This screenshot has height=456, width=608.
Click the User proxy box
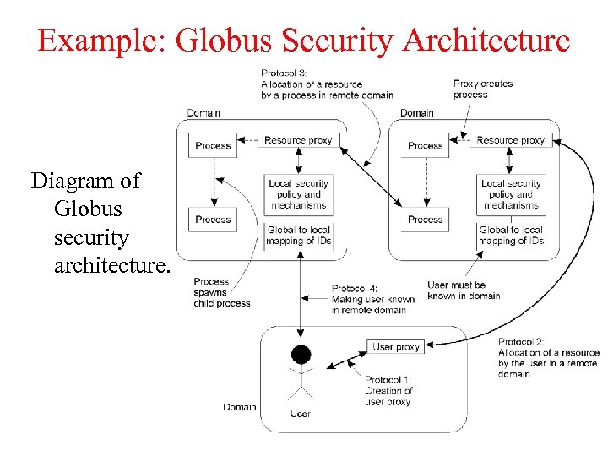point(396,347)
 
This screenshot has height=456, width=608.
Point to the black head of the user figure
point(301,354)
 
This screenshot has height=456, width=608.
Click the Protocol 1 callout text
point(388,391)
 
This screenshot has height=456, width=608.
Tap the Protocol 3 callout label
point(326,84)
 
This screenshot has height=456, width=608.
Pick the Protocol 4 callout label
point(372,299)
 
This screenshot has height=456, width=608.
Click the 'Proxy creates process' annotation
point(483,89)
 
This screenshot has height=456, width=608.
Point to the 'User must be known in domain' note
point(464,290)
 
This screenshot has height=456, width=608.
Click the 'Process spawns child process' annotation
point(222,292)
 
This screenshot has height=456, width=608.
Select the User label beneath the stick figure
point(301,414)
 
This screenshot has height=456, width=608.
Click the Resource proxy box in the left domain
point(298,140)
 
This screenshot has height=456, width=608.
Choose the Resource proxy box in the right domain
point(511,140)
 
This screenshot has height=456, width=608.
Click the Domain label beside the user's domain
point(239,407)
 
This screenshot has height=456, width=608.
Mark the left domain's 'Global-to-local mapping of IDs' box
point(298,235)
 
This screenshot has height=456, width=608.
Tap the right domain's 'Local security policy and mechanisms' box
point(511,194)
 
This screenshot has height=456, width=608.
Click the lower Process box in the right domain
point(426,220)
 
